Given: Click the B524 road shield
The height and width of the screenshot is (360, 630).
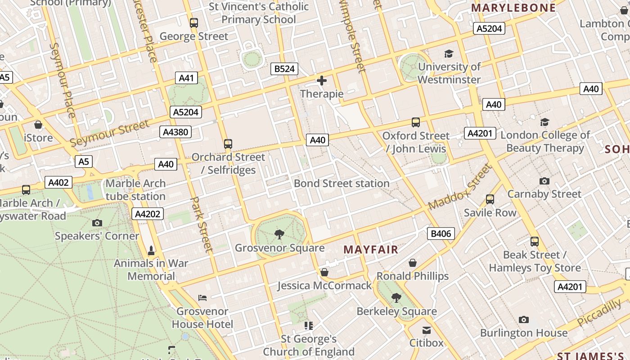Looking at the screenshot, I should [284, 69].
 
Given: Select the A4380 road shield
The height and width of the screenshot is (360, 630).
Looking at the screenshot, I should [175, 132].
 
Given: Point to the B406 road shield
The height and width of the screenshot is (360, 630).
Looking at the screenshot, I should [441, 234].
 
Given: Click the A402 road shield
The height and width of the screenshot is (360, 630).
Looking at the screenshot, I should [58, 182].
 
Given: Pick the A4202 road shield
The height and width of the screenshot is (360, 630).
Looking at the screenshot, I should [148, 214].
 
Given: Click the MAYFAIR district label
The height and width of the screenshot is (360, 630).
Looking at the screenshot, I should [371, 250].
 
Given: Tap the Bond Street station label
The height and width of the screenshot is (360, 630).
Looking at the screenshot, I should [342, 184].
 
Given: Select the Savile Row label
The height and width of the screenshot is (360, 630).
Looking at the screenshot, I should [490, 212].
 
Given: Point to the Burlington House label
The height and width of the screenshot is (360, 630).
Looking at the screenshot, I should [524, 333].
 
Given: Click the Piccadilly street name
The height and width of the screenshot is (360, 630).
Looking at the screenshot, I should [599, 313].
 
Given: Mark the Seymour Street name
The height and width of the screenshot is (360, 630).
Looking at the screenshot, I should [110, 134].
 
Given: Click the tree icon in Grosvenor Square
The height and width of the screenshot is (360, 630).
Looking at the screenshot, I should [279, 234].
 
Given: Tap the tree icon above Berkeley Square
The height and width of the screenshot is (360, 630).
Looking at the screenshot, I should [396, 297].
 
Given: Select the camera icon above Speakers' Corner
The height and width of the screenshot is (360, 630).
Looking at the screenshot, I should [97, 223].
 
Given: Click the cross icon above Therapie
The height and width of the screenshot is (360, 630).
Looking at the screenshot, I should [322, 81].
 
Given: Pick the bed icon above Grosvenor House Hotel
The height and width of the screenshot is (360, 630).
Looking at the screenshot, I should [202, 298].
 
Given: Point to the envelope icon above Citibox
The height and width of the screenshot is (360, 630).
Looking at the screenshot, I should [426, 331].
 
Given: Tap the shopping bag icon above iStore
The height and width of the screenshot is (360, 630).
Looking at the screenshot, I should [38, 125].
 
